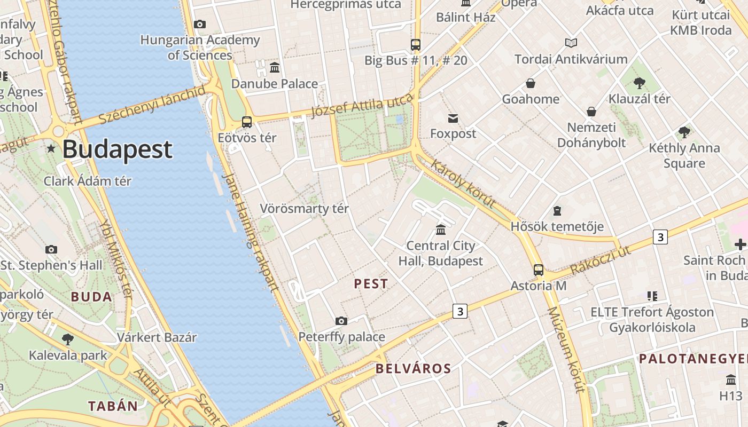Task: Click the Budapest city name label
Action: coord(118,149)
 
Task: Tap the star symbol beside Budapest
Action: coord(51,148)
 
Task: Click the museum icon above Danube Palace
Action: coord(275,68)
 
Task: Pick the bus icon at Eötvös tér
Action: coord(247,122)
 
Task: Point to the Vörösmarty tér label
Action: coord(304,209)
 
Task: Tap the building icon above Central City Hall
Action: coord(441,230)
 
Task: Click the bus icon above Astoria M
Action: coord(539,270)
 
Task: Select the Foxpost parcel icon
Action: coord(453,118)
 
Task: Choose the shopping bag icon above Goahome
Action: coord(531,83)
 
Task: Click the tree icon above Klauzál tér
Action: coord(639,83)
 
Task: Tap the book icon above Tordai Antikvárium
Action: coord(571,43)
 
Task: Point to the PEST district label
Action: coord(371,284)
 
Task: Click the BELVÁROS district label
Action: coord(413,368)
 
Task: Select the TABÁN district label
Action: coord(113,406)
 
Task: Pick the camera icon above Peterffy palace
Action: coord(341,321)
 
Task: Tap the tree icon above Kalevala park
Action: coord(68,339)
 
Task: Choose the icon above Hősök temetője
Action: coord(557,211)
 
